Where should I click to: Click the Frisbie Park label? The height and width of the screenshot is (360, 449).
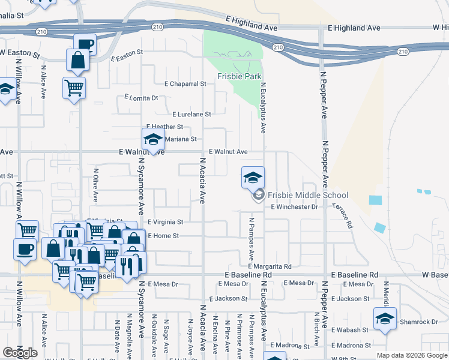[x=240, y=76]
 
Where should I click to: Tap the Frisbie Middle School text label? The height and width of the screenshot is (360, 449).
[x=307, y=195]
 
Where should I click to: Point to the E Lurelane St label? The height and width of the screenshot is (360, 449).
[x=191, y=113]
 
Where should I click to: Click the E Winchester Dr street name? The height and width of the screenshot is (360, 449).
[x=294, y=207]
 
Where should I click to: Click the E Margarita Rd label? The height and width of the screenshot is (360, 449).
[x=269, y=266]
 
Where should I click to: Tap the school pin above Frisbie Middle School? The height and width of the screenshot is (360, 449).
[x=253, y=177]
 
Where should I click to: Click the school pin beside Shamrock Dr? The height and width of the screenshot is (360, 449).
[x=384, y=318]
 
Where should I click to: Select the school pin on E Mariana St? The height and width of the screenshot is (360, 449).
[x=153, y=140]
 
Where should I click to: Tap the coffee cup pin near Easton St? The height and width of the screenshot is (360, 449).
[x=85, y=44]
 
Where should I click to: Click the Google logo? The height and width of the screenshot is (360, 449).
[x=20, y=353]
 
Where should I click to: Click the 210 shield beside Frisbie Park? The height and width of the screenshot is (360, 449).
[x=277, y=47]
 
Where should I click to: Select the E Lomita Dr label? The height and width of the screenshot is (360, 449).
[x=141, y=97]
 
